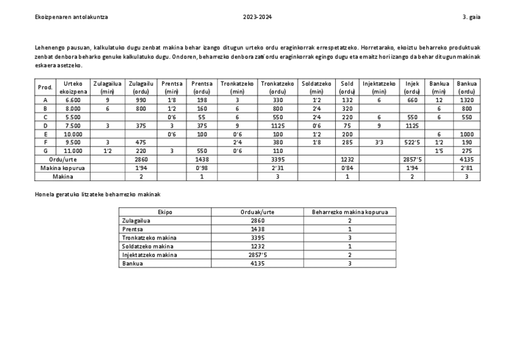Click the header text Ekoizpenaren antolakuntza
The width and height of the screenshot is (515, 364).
[x=72, y=17]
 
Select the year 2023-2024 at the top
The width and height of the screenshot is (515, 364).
[x=257, y=17]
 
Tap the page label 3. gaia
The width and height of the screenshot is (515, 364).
[x=471, y=17]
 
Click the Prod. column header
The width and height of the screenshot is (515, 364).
[x=46, y=88]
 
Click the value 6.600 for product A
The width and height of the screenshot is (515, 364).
[x=73, y=100]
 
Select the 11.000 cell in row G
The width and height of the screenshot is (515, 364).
[x=73, y=151]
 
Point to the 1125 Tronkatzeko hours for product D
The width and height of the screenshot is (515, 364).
[x=278, y=126]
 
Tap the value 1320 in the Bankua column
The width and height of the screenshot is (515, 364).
[x=467, y=100]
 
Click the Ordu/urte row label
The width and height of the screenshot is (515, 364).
[x=63, y=159]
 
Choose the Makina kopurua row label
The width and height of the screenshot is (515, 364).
[x=63, y=168]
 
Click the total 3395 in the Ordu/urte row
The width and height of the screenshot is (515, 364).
[x=278, y=159]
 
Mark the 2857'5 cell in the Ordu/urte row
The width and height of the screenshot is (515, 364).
[x=412, y=159]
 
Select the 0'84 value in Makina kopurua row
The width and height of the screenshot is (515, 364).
[x=347, y=168]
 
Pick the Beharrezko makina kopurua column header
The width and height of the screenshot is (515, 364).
[x=350, y=213]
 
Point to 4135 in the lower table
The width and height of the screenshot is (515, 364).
[x=257, y=264]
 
